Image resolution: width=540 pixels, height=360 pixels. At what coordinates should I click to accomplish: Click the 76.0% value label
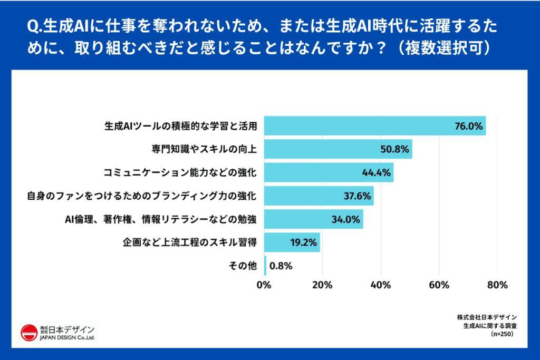tap(469, 126)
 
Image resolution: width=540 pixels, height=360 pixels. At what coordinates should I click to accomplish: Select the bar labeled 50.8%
tap(337, 149)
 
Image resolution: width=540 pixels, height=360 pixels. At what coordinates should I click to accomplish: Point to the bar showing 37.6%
tap(319, 196)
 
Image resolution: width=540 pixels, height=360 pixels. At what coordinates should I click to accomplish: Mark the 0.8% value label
tap(281, 266)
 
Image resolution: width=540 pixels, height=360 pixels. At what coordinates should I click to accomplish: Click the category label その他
tap(243, 266)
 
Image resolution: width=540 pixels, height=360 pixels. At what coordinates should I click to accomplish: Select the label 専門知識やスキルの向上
tap(204, 149)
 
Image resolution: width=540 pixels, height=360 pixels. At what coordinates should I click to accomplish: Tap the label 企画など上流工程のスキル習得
tap(189, 242)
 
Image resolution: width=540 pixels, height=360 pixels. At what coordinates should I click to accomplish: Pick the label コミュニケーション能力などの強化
tap(180, 172)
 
